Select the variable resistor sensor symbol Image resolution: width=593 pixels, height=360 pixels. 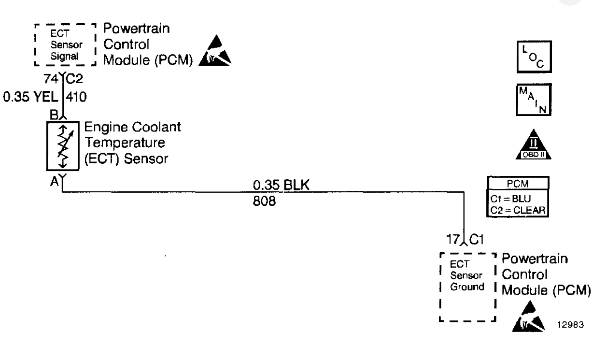tap(62, 146)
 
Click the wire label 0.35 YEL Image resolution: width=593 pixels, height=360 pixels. tap(30, 99)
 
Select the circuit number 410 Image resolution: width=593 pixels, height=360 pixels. tap(76, 99)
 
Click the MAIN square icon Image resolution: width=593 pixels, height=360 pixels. tap(533, 100)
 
